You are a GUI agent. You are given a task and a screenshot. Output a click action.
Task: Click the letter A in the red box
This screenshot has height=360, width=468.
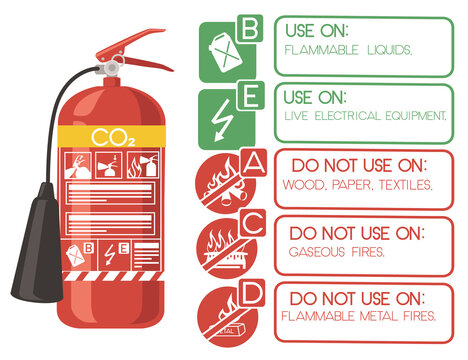(x=254, y=162)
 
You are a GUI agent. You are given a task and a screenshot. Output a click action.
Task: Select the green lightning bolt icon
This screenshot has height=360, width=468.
(x=221, y=118)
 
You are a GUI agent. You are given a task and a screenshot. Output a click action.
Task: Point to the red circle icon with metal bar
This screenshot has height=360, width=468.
(x=223, y=319)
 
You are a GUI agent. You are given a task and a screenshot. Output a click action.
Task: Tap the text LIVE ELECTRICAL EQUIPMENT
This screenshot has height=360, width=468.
(x=364, y=116)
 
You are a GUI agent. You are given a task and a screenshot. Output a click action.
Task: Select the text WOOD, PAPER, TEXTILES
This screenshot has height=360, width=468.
(x=357, y=184)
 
